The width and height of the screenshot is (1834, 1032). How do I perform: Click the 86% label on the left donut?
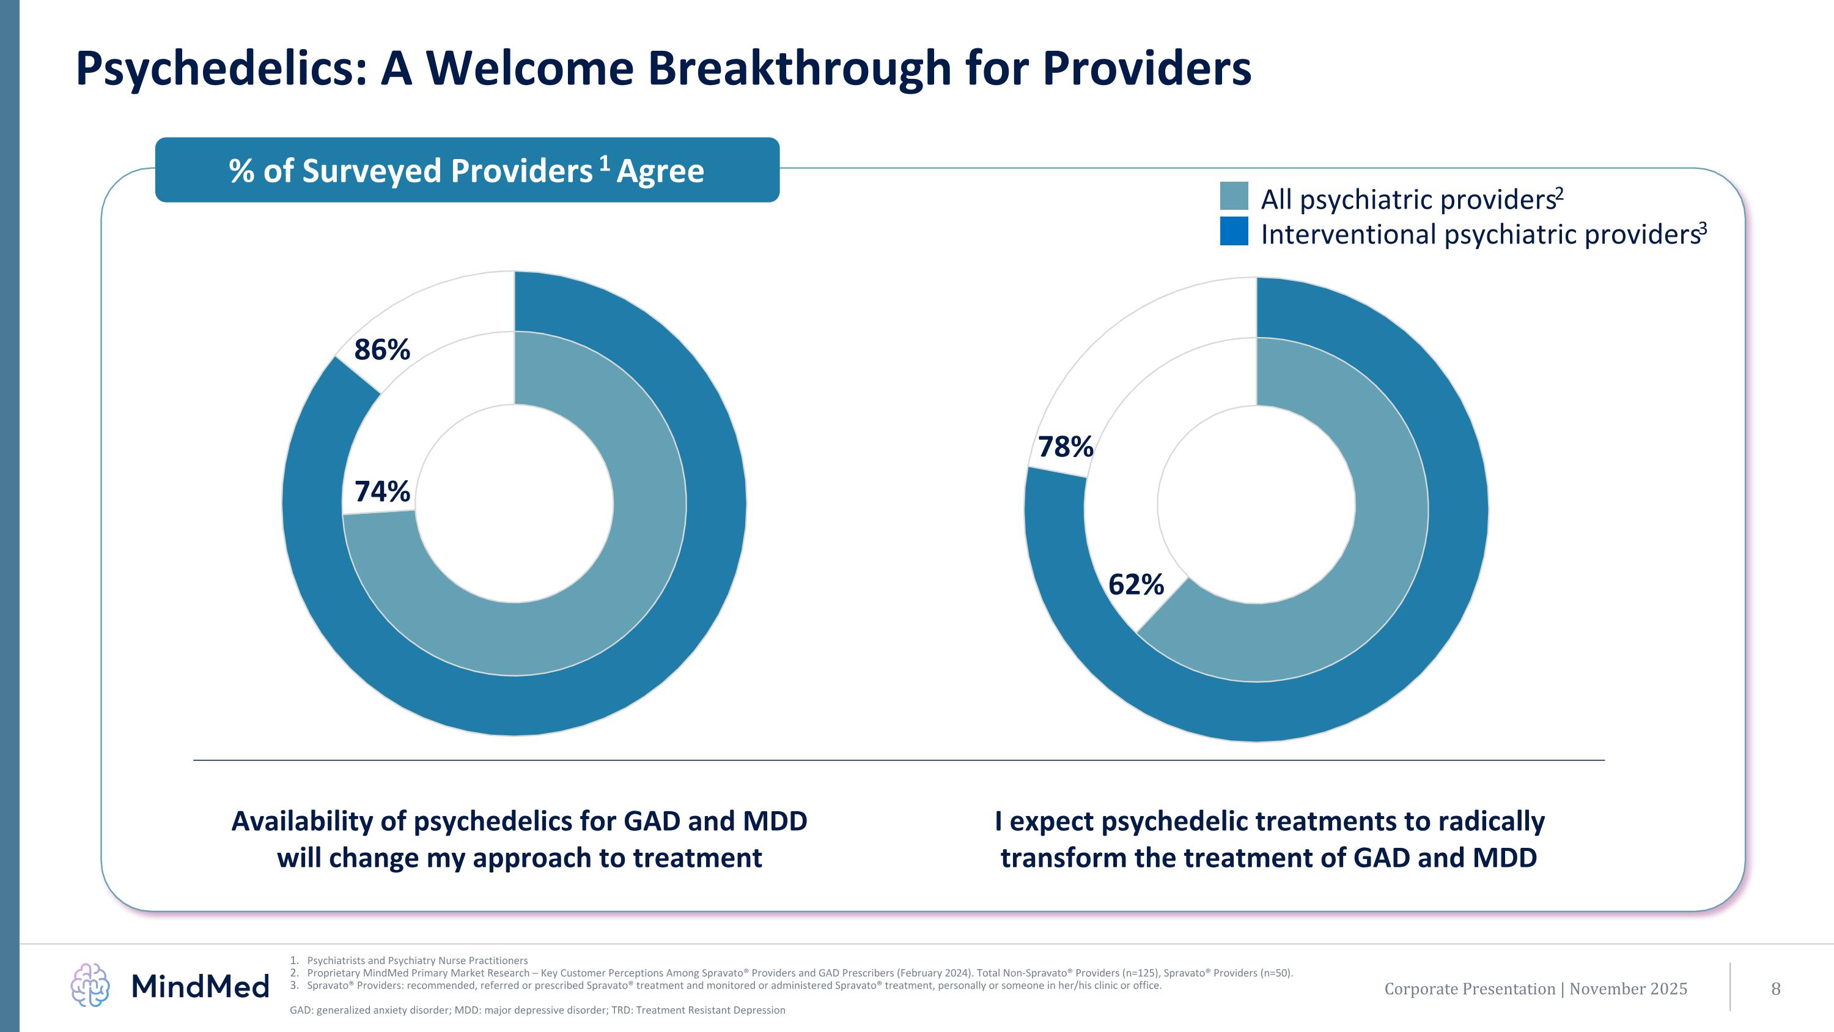382,350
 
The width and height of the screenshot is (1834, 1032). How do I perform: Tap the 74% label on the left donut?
382,491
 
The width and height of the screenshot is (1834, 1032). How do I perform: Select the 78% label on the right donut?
1065,447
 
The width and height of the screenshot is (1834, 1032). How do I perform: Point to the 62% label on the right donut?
1136,585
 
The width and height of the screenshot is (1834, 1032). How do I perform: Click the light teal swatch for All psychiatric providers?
1234,196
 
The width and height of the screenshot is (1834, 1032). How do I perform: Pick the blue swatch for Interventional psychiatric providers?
1234,231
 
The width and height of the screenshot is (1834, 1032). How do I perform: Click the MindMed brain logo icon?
90,985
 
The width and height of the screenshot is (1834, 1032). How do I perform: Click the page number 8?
1776,989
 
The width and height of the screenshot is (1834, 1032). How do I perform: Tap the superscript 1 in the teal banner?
605,164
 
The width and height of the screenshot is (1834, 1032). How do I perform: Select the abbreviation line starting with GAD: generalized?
537,1010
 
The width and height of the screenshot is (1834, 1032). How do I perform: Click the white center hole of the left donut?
514,503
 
